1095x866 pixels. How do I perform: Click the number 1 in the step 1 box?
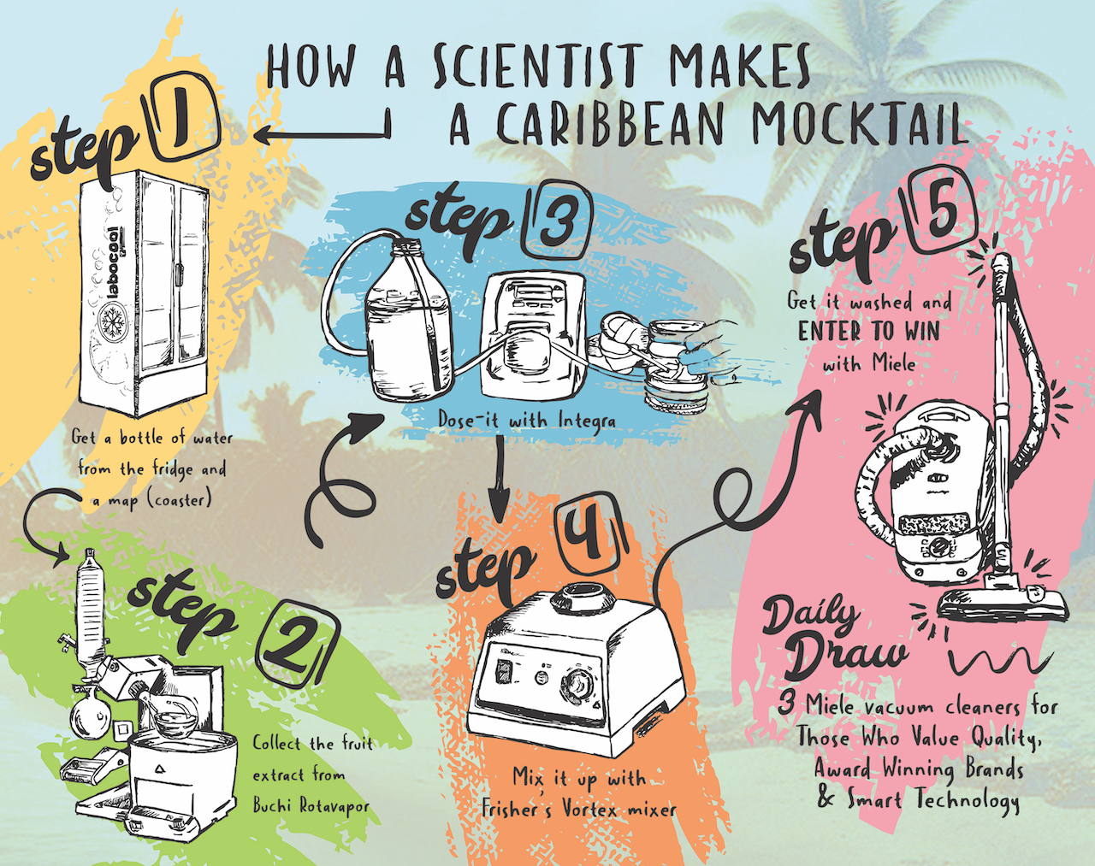click(181, 121)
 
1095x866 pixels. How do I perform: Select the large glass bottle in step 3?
click(410, 326)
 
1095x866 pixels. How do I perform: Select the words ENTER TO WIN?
click(868, 332)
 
